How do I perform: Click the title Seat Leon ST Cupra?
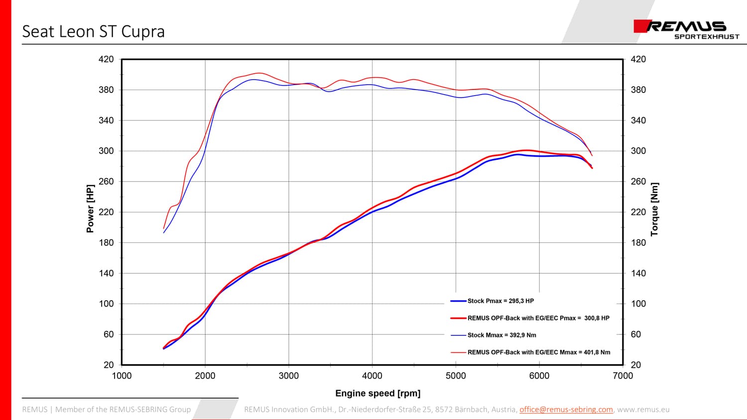point(94,32)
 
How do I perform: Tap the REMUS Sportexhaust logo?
point(686,30)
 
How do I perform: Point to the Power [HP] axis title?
point(90,209)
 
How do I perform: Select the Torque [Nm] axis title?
point(655,210)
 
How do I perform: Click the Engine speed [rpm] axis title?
point(378,393)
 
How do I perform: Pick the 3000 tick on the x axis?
point(289,376)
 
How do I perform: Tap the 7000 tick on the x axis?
point(623,376)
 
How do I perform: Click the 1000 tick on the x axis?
point(122,376)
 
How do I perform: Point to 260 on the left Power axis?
point(106,182)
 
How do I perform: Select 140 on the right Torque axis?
point(638,273)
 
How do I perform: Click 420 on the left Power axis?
point(106,59)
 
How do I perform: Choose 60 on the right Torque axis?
point(635,334)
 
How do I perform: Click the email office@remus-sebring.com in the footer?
point(566,410)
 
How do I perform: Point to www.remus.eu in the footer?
point(643,410)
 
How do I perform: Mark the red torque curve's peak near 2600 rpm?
point(259,73)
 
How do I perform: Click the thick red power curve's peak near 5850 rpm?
point(527,150)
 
